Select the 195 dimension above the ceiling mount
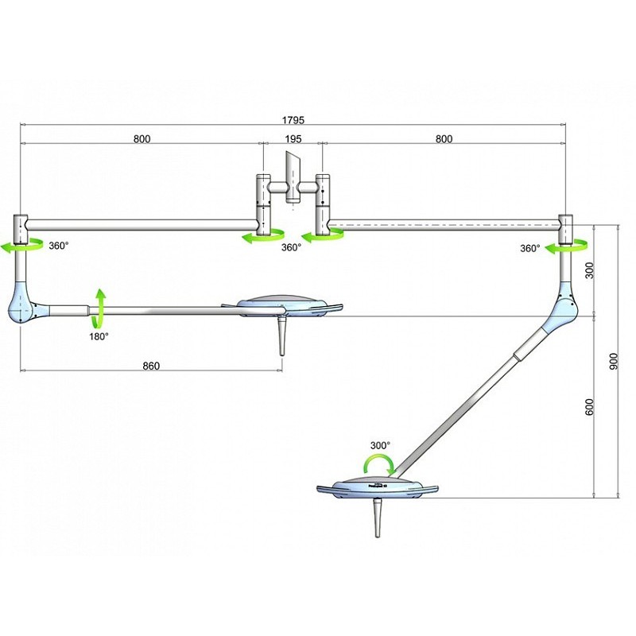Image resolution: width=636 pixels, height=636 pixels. click(x=293, y=139)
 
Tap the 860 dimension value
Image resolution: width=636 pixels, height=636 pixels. click(x=151, y=366)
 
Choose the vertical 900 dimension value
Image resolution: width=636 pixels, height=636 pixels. click(x=611, y=361)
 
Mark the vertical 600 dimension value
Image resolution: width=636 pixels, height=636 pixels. click(x=589, y=405)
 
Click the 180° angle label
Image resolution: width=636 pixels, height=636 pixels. click(x=99, y=336)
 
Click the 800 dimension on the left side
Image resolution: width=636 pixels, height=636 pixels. click(x=142, y=139)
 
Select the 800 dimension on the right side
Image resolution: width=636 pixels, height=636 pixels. click(x=444, y=139)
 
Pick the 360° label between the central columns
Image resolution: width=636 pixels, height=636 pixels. click(x=291, y=247)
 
